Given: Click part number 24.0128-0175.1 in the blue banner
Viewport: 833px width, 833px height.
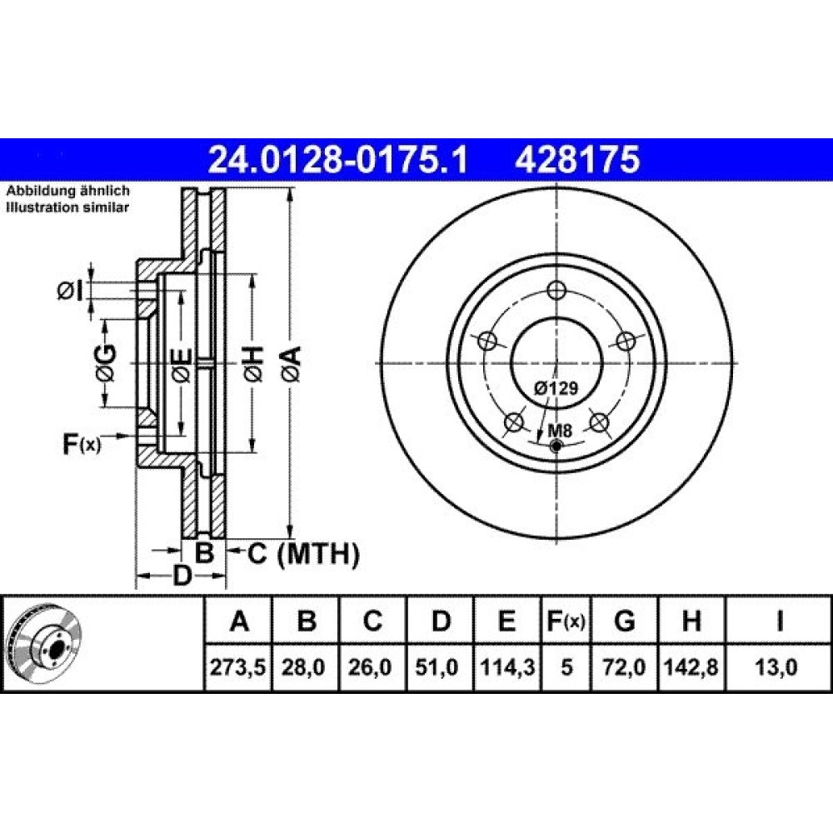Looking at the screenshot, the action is [x=338, y=160].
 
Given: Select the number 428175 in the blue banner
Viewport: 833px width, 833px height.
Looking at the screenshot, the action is [x=577, y=160].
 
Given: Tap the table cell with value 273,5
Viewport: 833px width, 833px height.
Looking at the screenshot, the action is [x=237, y=666].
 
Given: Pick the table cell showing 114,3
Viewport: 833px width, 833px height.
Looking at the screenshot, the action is [x=507, y=666].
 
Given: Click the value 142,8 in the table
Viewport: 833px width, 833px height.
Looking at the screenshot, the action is [x=691, y=666].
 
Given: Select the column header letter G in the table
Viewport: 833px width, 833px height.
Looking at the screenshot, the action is [x=624, y=621].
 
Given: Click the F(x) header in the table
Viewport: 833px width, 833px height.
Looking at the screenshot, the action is [x=566, y=621].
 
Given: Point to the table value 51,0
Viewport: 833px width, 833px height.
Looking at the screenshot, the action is [x=440, y=666].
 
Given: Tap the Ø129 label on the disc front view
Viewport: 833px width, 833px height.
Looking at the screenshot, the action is [x=556, y=388].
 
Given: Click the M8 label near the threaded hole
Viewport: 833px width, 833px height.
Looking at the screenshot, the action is [x=560, y=431].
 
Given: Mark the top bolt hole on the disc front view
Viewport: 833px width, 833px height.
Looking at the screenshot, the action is [x=556, y=291].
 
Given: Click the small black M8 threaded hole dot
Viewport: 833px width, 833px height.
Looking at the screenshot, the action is [x=556, y=446].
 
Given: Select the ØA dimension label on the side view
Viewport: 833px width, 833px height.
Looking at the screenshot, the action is [x=292, y=364].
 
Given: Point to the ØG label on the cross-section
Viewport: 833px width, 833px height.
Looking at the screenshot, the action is [x=106, y=363].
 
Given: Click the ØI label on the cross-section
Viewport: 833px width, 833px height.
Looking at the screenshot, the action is [x=70, y=291].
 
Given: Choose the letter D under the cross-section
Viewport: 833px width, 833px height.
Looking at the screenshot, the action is [x=182, y=576].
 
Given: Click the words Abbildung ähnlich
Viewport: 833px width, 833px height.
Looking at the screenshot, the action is [x=67, y=191].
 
